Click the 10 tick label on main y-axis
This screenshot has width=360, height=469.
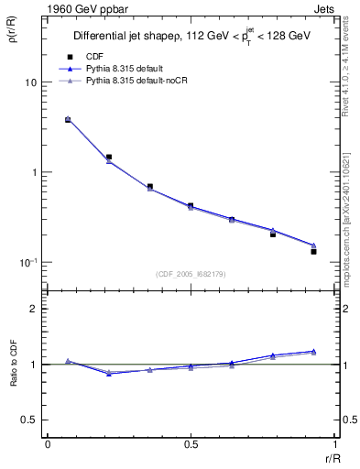[30, 82]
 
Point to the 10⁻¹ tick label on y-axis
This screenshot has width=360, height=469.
[28, 262]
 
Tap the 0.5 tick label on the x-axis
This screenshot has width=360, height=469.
[190, 444]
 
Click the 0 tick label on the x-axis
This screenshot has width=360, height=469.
[47, 444]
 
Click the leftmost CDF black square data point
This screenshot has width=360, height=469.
[68, 119]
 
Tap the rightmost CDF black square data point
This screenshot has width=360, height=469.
[313, 251]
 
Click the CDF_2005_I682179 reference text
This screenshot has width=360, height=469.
[190, 274]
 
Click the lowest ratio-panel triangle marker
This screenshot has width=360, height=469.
[109, 374]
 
